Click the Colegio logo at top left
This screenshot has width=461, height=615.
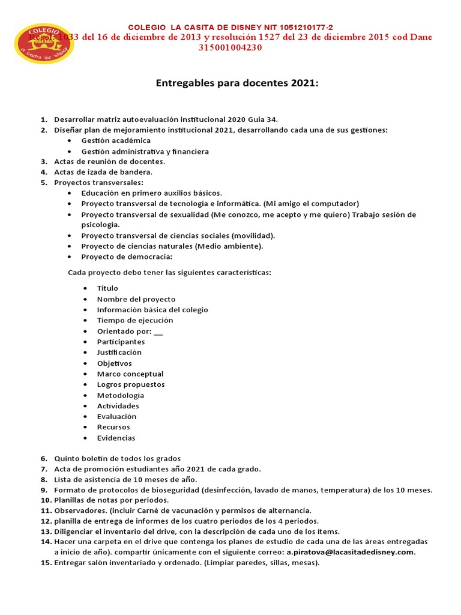tap(44, 43)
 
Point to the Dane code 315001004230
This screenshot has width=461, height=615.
tap(230, 48)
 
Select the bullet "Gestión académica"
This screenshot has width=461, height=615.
tap(116, 141)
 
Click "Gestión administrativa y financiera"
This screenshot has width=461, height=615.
tap(145, 151)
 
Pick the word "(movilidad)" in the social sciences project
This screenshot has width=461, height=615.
tap(254, 235)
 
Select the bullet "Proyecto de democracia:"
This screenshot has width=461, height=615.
tap(127, 256)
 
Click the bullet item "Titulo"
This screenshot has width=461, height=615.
tap(107, 288)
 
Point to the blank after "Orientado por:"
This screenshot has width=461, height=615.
tap(158, 332)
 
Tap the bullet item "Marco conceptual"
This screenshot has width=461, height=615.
tap(130, 374)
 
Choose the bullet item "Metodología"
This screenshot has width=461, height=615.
tap(120, 395)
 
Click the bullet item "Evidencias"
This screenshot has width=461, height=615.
tap(116, 438)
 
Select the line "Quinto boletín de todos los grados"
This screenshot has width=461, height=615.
tap(117, 459)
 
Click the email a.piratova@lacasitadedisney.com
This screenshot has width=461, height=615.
tap(351, 552)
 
